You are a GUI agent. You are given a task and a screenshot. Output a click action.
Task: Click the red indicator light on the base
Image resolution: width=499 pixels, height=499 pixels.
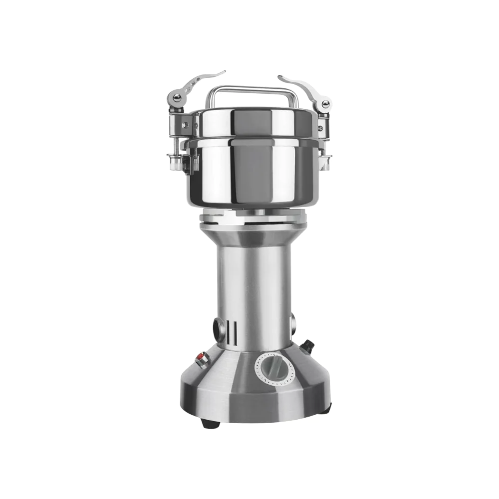202,357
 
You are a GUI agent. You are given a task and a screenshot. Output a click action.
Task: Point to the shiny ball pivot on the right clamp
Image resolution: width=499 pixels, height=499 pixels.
325,104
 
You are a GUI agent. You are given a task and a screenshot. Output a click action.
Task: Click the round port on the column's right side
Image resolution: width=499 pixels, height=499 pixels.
292,323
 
